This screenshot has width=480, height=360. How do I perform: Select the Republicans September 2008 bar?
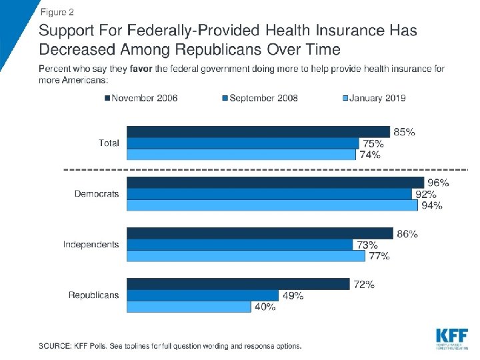point(203,295)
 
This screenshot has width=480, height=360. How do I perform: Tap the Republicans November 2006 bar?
point(238,284)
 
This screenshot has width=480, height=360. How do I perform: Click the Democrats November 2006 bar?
point(275,182)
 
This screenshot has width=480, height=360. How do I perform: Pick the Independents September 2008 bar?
point(240,245)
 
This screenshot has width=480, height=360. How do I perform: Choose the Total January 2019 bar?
point(241,155)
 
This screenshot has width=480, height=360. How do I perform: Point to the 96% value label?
point(438,182)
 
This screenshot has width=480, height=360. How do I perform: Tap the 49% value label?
point(293,295)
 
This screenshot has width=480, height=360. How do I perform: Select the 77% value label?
point(379,256)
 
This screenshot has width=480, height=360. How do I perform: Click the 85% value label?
point(404,132)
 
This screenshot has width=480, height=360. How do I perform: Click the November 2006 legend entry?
point(141,98)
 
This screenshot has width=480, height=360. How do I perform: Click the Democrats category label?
point(97,194)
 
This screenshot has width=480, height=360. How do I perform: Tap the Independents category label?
point(91,245)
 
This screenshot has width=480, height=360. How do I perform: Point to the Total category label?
point(109,143)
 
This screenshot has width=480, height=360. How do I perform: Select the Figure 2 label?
point(57,12)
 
